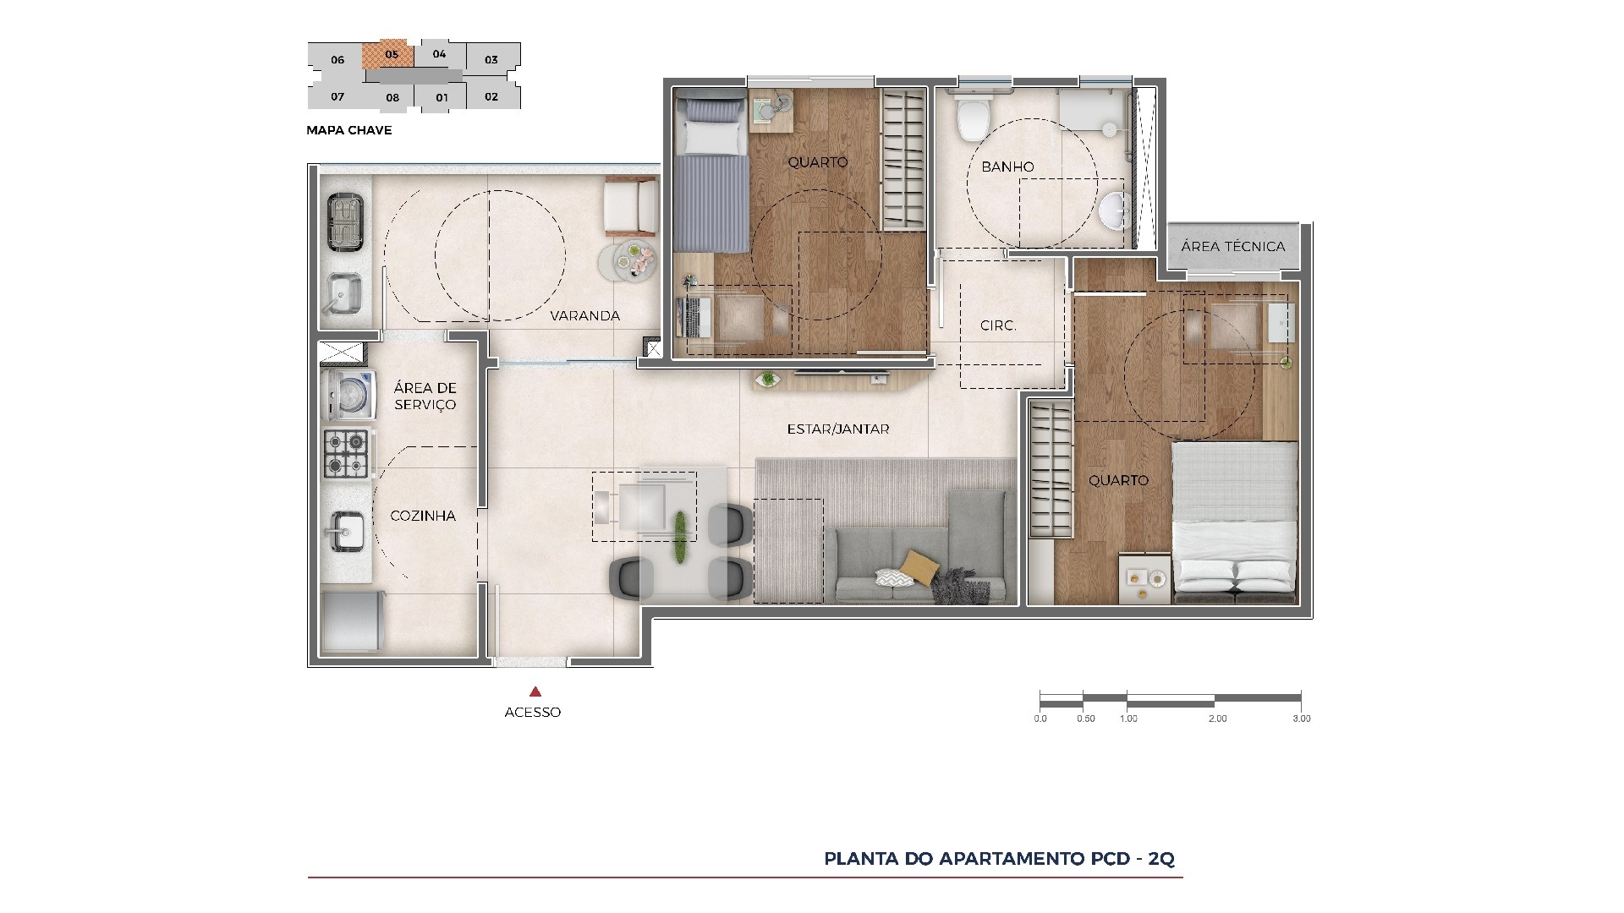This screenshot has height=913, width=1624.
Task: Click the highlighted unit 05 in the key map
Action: pyautogui.click(x=389, y=55)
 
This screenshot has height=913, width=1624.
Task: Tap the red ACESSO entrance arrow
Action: pyautogui.click(x=534, y=692)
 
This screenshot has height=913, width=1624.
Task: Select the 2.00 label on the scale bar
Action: pyautogui.click(x=1217, y=719)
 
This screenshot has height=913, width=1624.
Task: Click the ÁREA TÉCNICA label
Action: pyautogui.click(x=1232, y=247)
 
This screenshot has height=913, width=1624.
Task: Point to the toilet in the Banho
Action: pyautogui.click(x=970, y=118)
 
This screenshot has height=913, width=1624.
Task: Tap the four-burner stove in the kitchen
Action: pyautogui.click(x=346, y=453)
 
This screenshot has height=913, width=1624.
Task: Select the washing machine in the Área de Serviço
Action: pyautogui.click(x=348, y=395)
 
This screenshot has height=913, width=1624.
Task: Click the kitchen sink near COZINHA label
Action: pyautogui.click(x=346, y=531)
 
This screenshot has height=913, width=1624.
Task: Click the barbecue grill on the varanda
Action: pyautogui.click(x=344, y=221)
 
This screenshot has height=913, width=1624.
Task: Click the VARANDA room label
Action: pyautogui.click(x=584, y=316)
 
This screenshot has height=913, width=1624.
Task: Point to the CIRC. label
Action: pyautogui.click(x=998, y=325)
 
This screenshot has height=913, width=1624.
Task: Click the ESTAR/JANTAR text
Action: pyautogui.click(x=837, y=429)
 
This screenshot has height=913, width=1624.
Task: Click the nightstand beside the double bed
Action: pyautogui.click(x=1144, y=579)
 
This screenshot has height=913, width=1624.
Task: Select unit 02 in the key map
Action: pyautogui.click(x=491, y=96)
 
